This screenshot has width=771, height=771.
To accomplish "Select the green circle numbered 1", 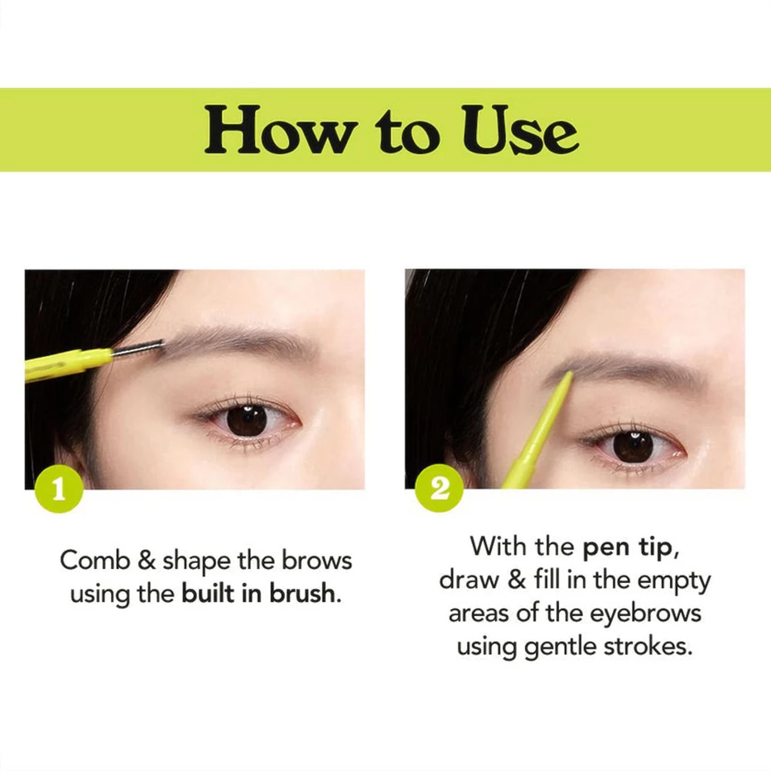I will tap(59, 489).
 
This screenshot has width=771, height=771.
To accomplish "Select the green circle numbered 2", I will tap(439, 489).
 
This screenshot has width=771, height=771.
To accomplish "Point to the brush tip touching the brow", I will tap(146, 348).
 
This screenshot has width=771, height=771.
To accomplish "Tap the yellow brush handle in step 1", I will tap(66, 364).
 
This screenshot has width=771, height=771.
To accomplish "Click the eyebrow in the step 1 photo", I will tap(231, 340).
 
